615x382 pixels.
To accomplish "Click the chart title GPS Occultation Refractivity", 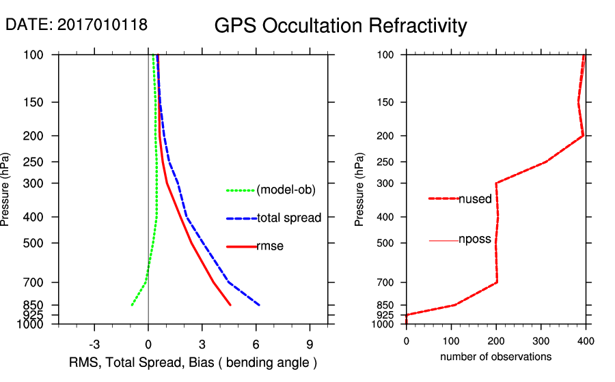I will (340, 26).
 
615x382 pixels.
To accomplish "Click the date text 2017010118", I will (102, 25).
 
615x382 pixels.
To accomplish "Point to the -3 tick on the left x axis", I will (94, 344).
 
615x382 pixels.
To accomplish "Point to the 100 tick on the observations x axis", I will (451, 339).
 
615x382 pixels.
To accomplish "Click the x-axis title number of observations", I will (495, 357).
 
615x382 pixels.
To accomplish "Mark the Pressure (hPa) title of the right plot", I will (359, 190).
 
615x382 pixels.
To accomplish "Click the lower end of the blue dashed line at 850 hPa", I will (259, 305).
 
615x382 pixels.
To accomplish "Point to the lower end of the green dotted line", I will (131, 305).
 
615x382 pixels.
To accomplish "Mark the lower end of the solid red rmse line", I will (230, 305).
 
